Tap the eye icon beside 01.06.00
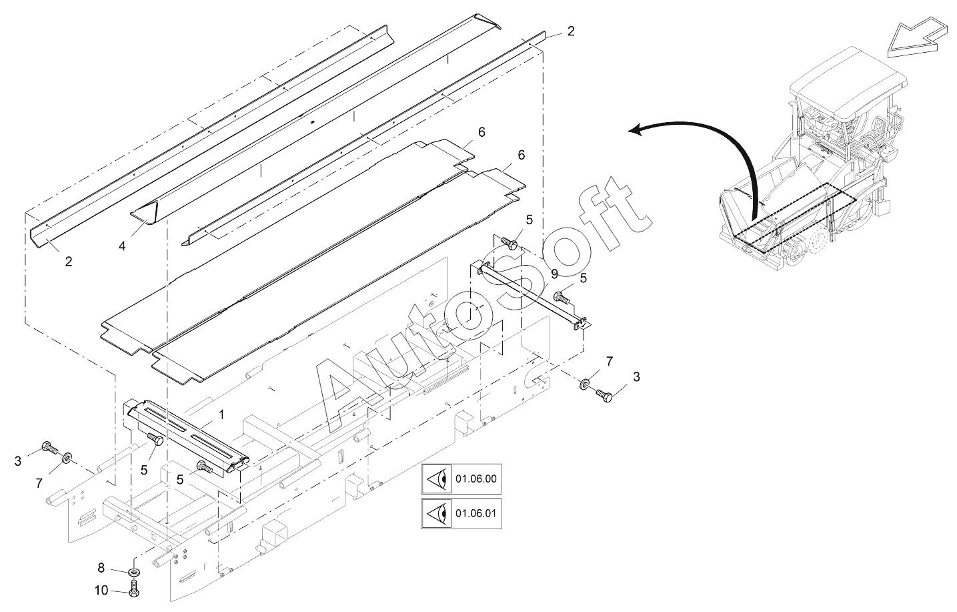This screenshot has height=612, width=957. point(437,479)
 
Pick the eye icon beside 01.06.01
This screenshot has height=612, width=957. point(437,515)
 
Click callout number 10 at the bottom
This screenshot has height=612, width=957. point(101,590)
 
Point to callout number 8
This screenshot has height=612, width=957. point(101,568)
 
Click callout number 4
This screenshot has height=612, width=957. point(122,246)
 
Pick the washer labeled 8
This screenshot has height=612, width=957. point(134,572)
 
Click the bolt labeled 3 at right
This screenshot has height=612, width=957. point(605,394)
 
